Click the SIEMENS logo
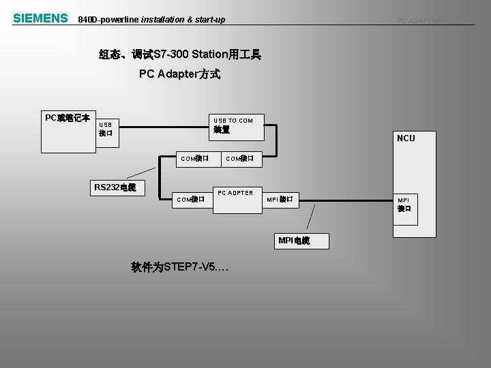click(x=40, y=18)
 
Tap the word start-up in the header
click(x=209, y=20)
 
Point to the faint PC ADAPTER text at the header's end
click(x=419, y=20)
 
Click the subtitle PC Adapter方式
click(x=179, y=74)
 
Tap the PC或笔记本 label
click(x=68, y=118)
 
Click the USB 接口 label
click(x=106, y=129)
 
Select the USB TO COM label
click(x=233, y=121)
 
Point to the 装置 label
click(x=222, y=129)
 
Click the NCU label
click(x=406, y=138)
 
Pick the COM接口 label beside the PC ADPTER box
click(x=191, y=200)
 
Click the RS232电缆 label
click(x=115, y=187)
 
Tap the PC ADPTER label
click(x=235, y=193)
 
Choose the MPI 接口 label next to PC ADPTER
click(x=280, y=200)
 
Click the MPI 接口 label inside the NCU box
click(x=404, y=204)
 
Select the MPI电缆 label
click(x=294, y=241)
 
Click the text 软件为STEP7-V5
click(x=179, y=268)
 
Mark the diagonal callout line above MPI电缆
click(x=312, y=217)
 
